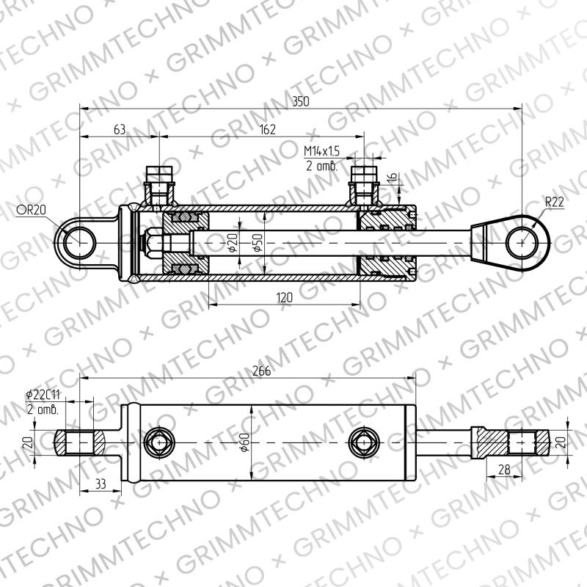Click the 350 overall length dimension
tap(301, 101)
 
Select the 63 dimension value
tap(120, 130)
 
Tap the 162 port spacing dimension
tap(267, 130)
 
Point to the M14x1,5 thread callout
tap(321, 151)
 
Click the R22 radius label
tap(555, 203)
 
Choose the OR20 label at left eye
tap(31, 210)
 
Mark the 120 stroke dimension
tap(285, 298)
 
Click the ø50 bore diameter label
tap(259, 243)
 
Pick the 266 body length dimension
tap(261, 371)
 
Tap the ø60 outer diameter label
tap(245, 442)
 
